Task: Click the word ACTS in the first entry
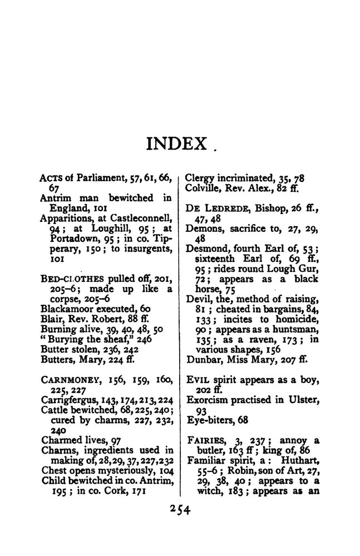pos(52,177)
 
